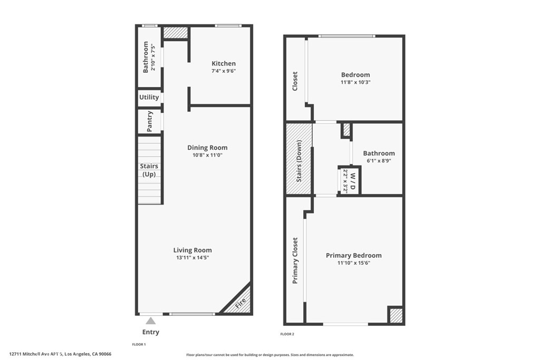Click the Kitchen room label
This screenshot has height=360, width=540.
(x=224, y=63)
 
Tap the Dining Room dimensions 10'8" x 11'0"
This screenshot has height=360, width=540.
(x=207, y=155)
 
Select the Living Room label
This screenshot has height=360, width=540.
(x=192, y=250)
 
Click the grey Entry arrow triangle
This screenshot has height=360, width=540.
(x=150, y=321)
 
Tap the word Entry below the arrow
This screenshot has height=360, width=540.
(x=151, y=332)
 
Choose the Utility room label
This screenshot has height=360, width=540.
(x=149, y=98)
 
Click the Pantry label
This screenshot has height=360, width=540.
(x=149, y=121)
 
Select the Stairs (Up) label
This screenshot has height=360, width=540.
(x=149, y=170)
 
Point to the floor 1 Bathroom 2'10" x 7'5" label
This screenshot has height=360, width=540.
(x=149, y=57)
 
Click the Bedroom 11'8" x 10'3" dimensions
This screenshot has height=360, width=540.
(x=355, y=82)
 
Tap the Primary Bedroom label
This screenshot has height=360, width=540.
(x=354, y=255)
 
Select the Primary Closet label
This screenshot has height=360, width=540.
(x=295, y=260)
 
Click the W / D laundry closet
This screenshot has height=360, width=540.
(x=349, y=181)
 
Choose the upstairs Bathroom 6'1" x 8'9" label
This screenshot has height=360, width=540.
(x=379, y=157)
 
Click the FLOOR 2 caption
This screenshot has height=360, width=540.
(x=287, y=334)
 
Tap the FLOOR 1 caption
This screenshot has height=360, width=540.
(x=139, y=344)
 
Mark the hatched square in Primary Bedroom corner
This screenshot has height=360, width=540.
(x=396, y=315)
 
